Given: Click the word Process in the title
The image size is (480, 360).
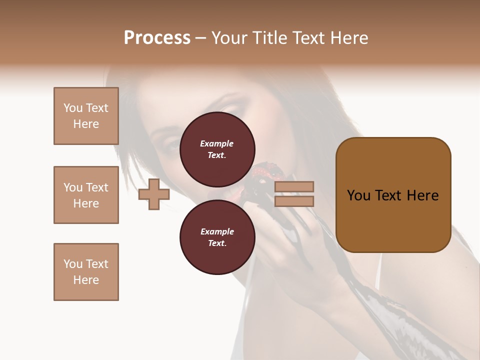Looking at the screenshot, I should click(157, 38).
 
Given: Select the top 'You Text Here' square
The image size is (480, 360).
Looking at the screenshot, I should click(86, 116).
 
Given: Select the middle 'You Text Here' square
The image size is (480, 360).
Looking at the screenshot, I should click(86, 195).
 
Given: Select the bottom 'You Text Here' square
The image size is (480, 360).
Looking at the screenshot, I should click(86, 272).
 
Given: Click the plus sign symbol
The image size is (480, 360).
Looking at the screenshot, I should click(153, 194).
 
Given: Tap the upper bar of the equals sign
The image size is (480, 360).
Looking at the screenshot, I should click(294, 186).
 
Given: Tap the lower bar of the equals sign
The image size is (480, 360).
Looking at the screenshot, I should click(294, 201).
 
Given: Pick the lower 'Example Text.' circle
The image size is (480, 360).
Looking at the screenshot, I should click(217, 237).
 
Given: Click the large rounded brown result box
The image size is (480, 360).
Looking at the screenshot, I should click(393, 194).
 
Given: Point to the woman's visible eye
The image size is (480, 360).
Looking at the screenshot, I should click(170, 146).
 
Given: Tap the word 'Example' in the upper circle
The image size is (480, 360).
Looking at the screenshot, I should click(217, 143).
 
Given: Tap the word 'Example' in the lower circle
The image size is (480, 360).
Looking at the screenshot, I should click(217, 231).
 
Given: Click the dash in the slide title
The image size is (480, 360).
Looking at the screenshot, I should click(201, 38).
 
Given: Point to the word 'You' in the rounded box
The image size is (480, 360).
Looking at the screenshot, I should click(358, 195).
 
